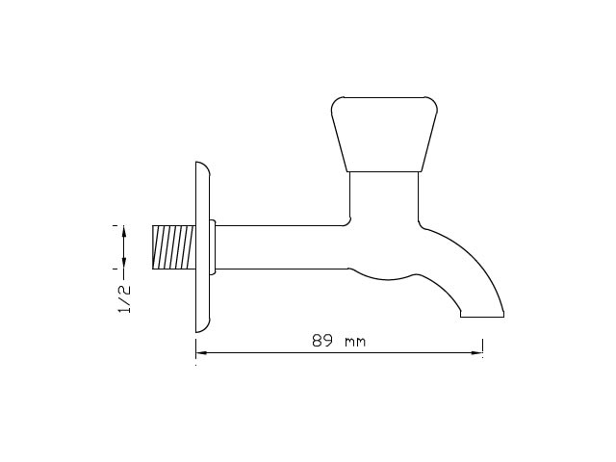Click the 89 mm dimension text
[339, 341]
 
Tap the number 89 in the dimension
[322, 341]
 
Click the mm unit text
[355, 343]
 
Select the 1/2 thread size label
[124, 299]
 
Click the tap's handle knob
[384, 135]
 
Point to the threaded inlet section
[173, 247]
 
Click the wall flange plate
[203, 247]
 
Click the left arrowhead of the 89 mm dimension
[201, 353]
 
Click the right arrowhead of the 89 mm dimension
[477, 353]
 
